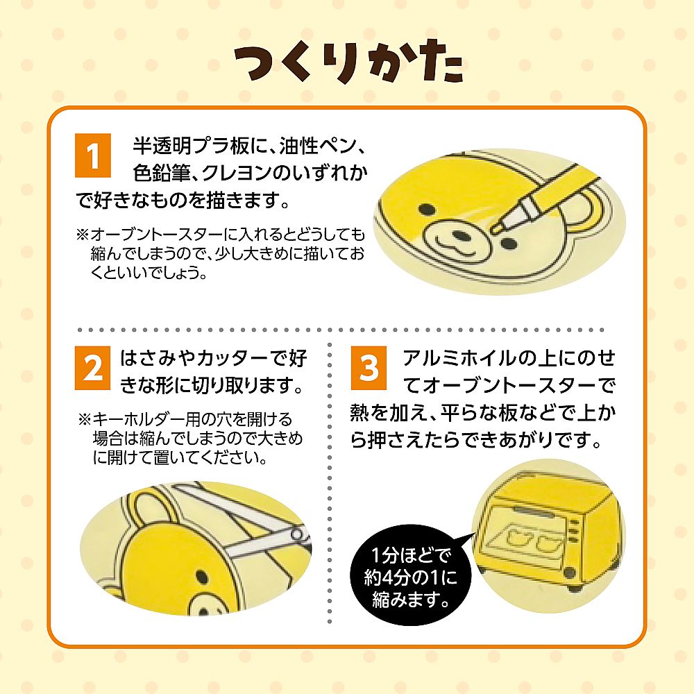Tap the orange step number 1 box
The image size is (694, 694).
(x=92, y=155)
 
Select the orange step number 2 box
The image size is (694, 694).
(x=92, y=368)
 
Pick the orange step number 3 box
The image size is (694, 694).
(x=369, y=368)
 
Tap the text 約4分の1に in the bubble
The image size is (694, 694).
(x=410, y=577)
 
